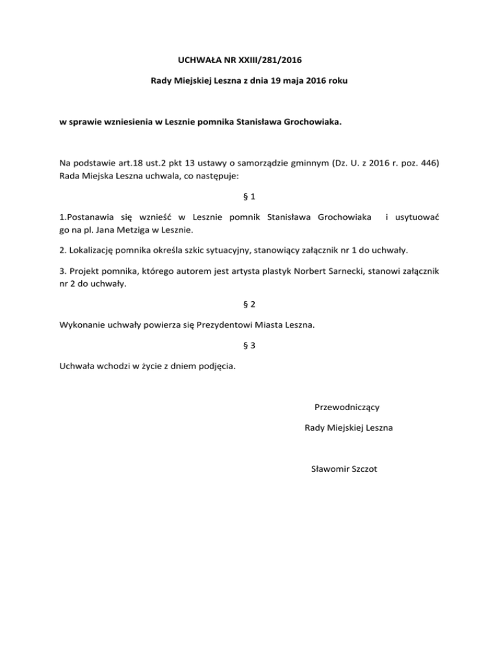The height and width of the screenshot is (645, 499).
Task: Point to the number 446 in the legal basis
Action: (428, 162)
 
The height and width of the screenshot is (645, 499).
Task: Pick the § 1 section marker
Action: (249, 195)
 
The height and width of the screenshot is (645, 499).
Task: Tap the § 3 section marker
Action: (249, 346)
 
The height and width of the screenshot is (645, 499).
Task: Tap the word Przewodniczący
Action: (347, 408)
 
